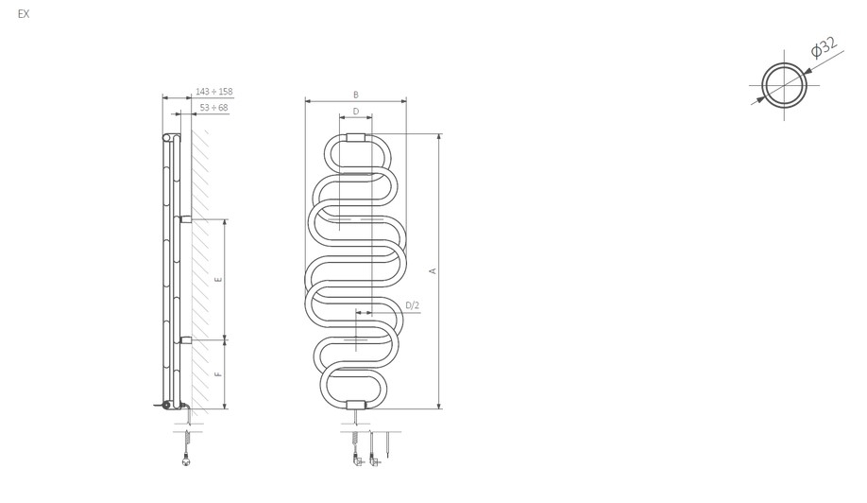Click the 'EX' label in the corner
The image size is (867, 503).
[x=24, y=14]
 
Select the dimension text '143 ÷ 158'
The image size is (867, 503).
[x=214, y=92]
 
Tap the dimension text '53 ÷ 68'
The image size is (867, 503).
[x=214, y=108]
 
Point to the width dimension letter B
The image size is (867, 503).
[x=355, y=95]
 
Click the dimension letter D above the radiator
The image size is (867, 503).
[x=355, y=112]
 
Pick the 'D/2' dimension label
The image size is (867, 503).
[x=413, y=305]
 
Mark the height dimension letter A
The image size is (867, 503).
[x=433, y=271]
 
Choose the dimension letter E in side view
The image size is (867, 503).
[x=218, y=280]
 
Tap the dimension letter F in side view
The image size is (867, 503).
[x=218, y=374]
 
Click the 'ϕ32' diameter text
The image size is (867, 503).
[x=824, y=47]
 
